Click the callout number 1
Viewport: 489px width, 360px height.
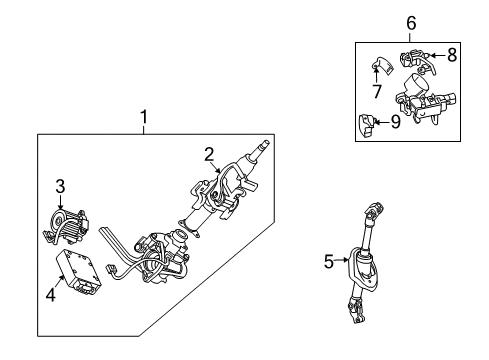click(x=144, y=120)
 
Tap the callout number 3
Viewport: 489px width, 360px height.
click(x=60, y=185)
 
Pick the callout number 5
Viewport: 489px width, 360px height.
click(x=328, y=262)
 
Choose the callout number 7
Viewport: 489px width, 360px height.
click(x=378, y=92)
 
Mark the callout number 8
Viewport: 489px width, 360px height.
click(x=452, y=56)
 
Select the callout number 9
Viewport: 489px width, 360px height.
click(x=395, y=124)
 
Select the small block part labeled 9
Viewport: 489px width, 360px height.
click(x=368, y=125)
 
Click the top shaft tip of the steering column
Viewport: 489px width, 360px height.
click(x=264, y=147)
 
